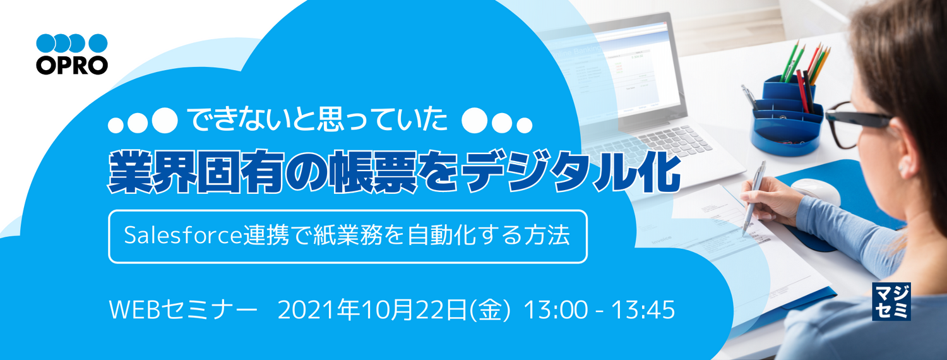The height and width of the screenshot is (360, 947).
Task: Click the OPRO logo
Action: [x=71, y=54]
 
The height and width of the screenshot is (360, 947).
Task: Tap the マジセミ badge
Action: [x=890, y=301]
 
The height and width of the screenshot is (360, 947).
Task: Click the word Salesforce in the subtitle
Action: [x=182, y=236]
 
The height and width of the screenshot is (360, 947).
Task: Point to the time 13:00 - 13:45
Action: [x=600, y=310]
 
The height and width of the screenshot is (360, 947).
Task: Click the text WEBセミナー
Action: [x=183, y=310]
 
